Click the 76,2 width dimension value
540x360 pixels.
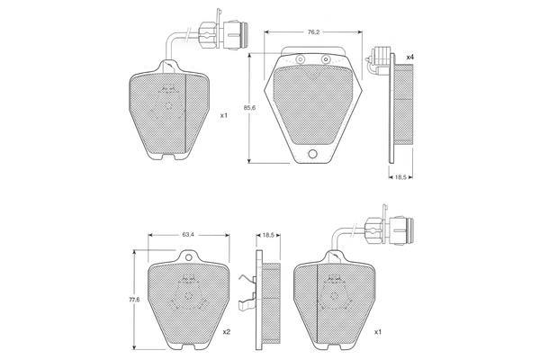click(313, 32)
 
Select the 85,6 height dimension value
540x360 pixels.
click(249, 107)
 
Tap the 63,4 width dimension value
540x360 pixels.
click(188, 235)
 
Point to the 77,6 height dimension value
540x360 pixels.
click(134, 300)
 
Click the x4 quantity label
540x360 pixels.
click(409, 58)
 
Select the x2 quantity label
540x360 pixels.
click(226, 332)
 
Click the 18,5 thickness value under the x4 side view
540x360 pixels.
click(400, 177)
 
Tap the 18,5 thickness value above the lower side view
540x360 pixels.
click(268, 235)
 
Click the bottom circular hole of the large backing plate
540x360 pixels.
click(312, 154)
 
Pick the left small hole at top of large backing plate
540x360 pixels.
click(300, 59)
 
